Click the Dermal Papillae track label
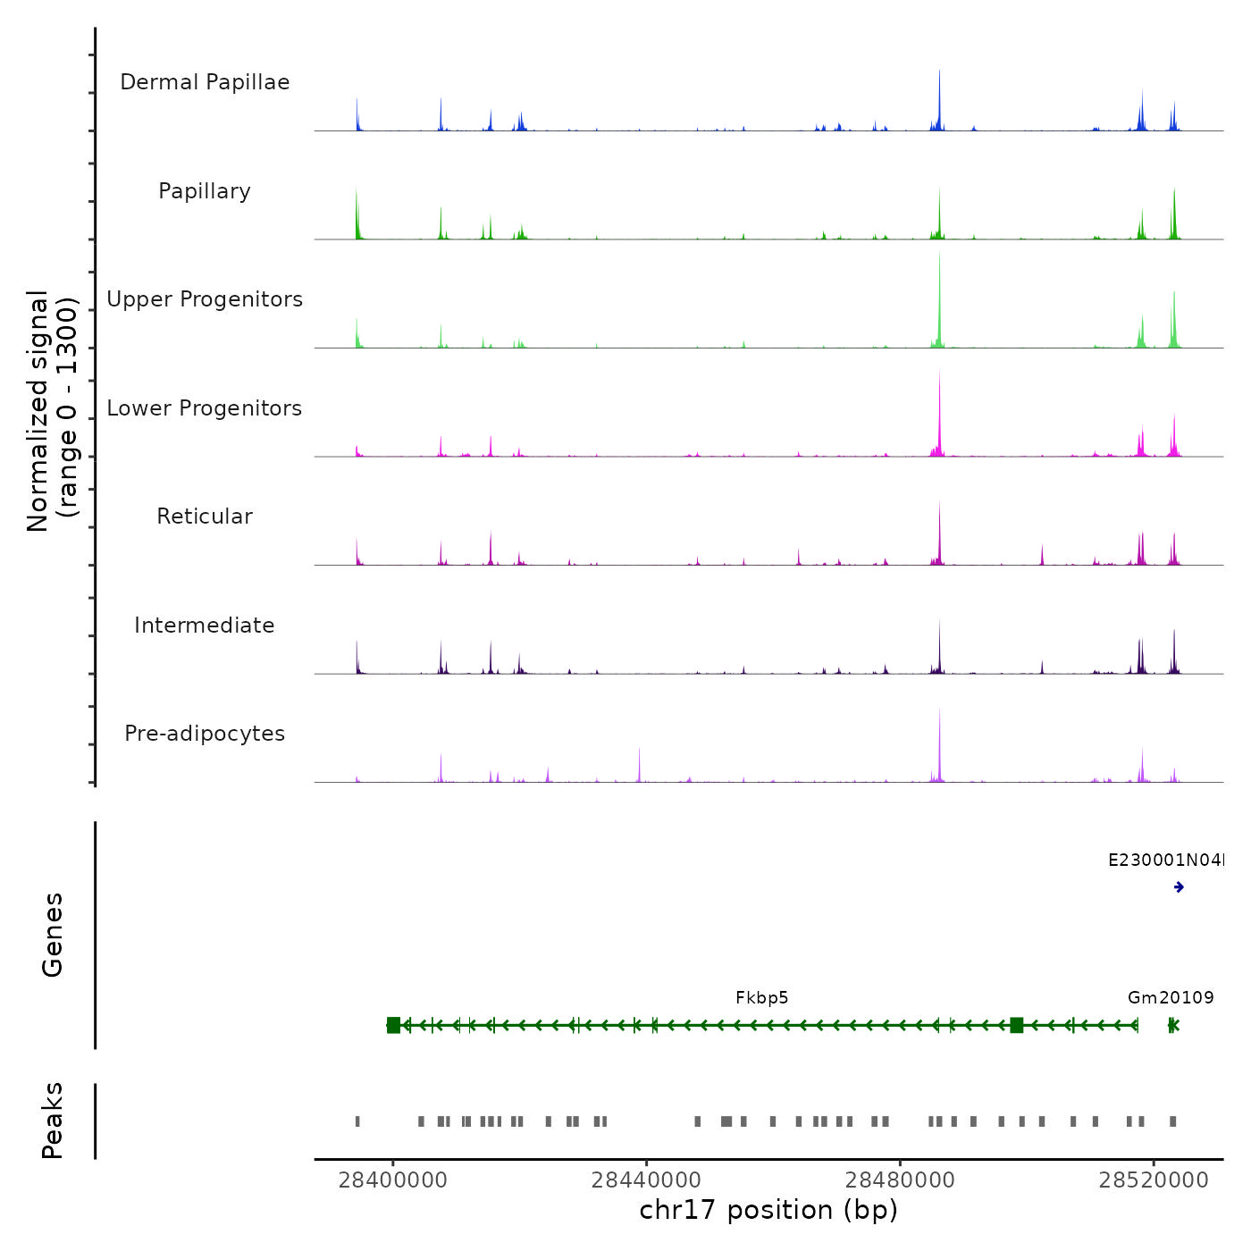(x=205, y=82)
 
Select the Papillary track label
(x=205, y=191)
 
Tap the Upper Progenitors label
(x=205, y=299)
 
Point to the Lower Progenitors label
(x=205, y=408)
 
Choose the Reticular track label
(x=205, y=516)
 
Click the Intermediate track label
(x=205, y=625)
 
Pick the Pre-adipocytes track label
(x=205, y=734)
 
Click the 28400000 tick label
(x=392, y=1180)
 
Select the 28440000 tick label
(x=646, y=1180)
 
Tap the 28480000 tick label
(x=900, y=1180)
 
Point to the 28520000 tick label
(x=1154, y=1180)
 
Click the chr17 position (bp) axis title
(x=768, y=1210)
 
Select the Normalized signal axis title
(x=52, y=411)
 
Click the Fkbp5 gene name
(x=762, y=998)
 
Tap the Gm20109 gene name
(x=1171, y=998)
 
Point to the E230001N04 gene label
(x=1165, y=861)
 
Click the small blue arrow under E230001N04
(x=1179, y=887)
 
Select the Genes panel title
(x=52, y=935)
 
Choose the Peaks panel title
(x=52, y=1121)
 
